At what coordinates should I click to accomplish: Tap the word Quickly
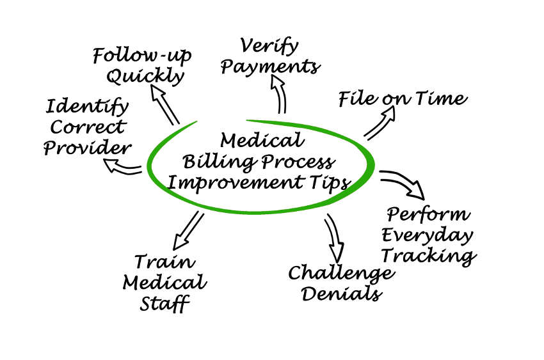click(x=145, y=77)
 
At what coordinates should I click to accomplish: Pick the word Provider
click(x=86, y=148)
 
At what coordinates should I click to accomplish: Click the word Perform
click(x=428, y=214)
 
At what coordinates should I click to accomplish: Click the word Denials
click(x=342, y=294)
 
